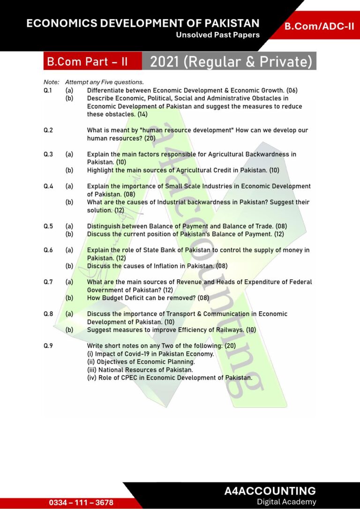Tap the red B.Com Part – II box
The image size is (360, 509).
(87, 61)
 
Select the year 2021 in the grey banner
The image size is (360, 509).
(165, 61)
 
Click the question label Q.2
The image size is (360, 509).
(48, 130)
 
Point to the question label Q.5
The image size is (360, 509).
(48, 226)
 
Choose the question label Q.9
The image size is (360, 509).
(48, 346)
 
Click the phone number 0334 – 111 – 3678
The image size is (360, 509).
(81, 502)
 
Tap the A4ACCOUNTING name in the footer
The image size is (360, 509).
(270, 491)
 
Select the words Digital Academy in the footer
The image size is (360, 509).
(286, 502)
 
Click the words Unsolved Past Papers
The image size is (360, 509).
(217, 35)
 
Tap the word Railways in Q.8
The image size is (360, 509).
(229, 330)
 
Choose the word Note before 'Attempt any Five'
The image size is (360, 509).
(51, 82)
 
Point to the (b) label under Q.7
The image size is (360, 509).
(69, 298)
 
